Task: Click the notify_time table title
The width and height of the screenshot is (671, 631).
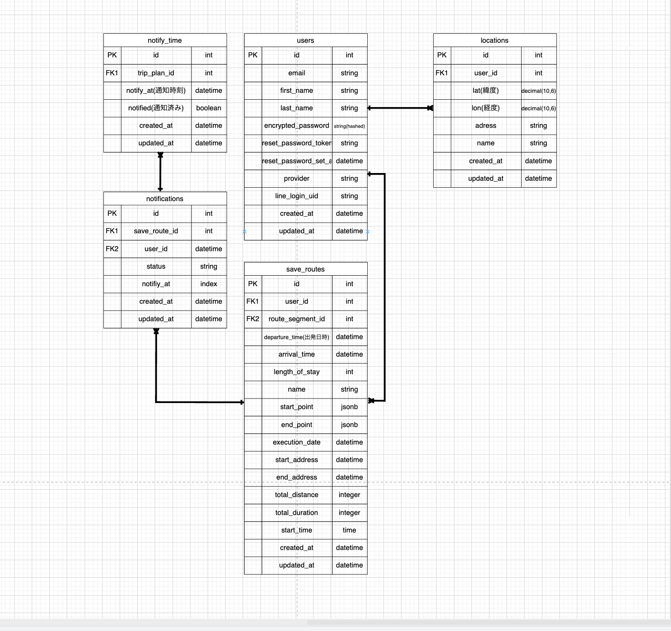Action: click(165, 40)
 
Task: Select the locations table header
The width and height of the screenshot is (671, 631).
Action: click(494, 40)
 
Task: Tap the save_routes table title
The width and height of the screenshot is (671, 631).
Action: click(305, 269)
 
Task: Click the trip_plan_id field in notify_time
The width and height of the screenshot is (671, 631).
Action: click(156, 73)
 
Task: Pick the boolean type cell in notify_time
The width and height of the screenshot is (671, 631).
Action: click(208, 108)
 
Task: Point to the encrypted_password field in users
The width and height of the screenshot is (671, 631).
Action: click(296, 125)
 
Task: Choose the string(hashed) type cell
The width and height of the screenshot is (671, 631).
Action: click(349, 126)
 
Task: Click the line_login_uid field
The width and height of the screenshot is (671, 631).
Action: click(296, 196)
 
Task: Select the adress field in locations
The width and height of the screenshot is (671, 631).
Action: click(485, 125)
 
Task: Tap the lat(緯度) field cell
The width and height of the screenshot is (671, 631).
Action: click(485, 90)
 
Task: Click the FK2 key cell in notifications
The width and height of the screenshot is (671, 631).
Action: click(112, 249)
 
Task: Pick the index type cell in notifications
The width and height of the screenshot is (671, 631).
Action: click(208, 284)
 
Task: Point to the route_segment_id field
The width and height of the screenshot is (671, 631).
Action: click(296, 319)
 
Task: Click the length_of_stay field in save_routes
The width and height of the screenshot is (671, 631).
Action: click(296, 372)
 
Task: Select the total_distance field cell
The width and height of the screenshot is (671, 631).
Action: click(296, 495)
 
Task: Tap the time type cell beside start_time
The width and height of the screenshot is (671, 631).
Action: click(349, 530)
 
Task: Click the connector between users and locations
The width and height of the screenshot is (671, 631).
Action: click(400, 108)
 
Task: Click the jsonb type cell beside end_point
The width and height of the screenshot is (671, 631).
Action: click(349, 425)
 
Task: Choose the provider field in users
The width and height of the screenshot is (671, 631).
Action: click(296, 178)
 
